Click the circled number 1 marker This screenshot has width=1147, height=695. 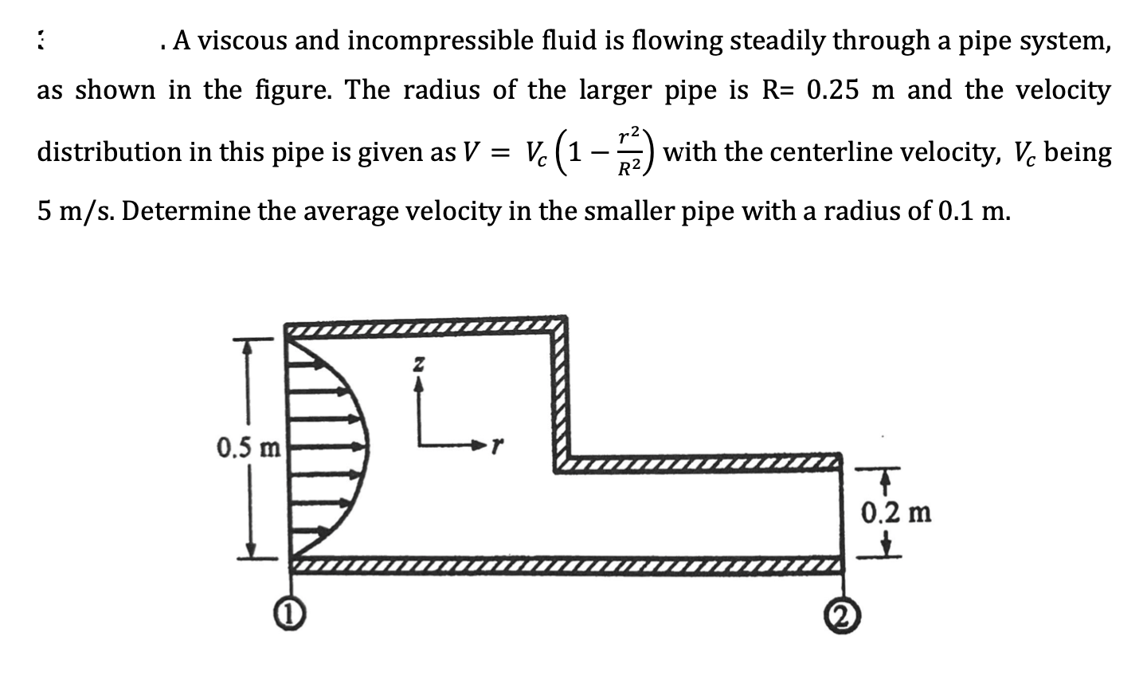pos(280,615)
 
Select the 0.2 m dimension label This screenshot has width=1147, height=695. pos(896,512)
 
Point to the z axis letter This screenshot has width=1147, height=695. pos(417,364)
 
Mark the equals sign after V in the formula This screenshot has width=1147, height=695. pos(493,152)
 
